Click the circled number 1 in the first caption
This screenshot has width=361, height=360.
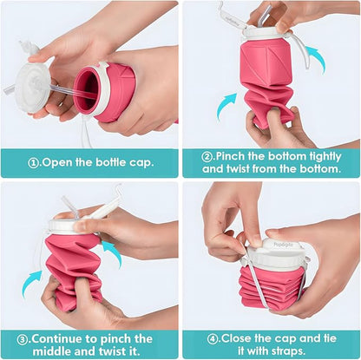pos(31,162)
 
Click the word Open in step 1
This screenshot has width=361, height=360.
pos(58,162)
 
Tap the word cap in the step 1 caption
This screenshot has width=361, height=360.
pos(145,162)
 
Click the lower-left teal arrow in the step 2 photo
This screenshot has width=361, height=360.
pos(228,106)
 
